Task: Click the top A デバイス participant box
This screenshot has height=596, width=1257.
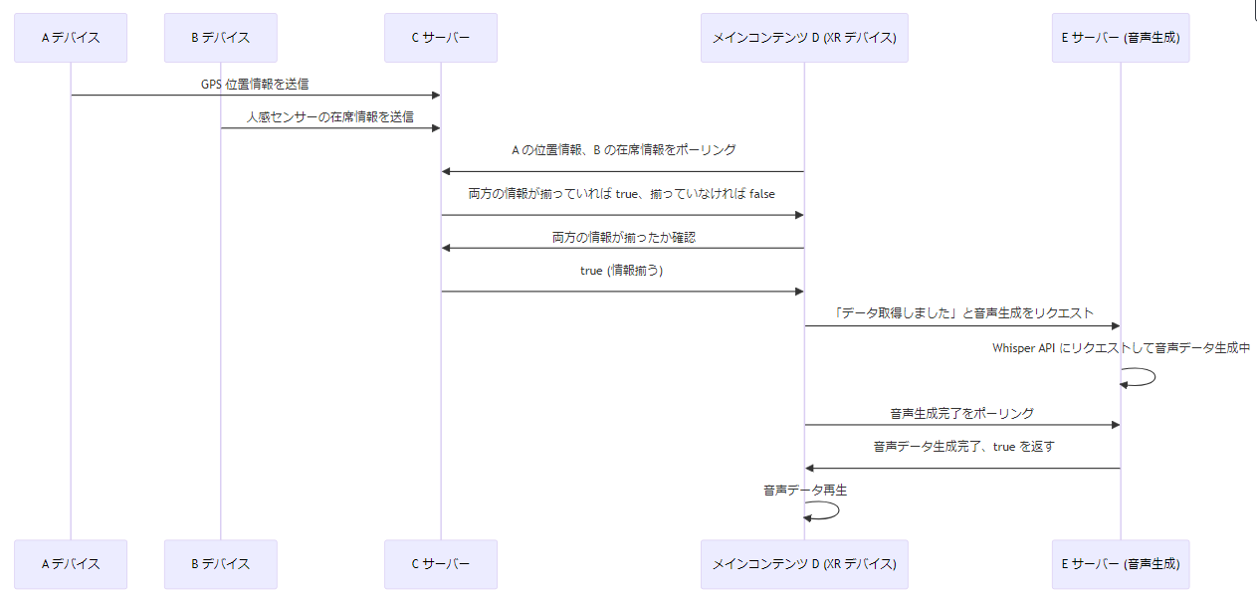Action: click(x=71, y=38)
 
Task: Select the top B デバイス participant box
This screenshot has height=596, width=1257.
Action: click(x=221, y=38)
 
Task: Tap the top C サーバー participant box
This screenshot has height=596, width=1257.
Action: click(x=441, y=38)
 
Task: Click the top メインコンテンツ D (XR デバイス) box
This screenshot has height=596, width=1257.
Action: click(x=804, y=38)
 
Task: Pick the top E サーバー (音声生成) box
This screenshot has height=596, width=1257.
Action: click(x=1121, y=38)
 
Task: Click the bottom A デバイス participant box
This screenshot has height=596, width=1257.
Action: click(x=71, y=564)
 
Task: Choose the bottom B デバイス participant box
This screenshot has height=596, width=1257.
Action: click(x=221, y=564)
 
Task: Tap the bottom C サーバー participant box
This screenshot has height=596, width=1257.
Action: click(x=441, y=564)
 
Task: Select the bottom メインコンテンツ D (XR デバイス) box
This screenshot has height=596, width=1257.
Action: click(x=804, y=564)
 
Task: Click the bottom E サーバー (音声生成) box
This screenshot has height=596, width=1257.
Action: click(x=1121, y=564)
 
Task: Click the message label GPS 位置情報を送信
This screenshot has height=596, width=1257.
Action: click(x=255, y=85)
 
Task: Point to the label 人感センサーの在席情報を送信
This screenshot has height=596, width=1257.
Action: click(x=330, y=117)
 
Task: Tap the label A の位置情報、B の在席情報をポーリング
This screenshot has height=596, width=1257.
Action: click(x=623, y=150)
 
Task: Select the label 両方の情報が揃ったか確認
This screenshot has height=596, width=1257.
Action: click(x=623, y=238)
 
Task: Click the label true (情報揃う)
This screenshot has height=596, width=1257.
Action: click(x=623, y=271)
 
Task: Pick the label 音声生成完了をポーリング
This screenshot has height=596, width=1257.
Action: click(x=961, y=413)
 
